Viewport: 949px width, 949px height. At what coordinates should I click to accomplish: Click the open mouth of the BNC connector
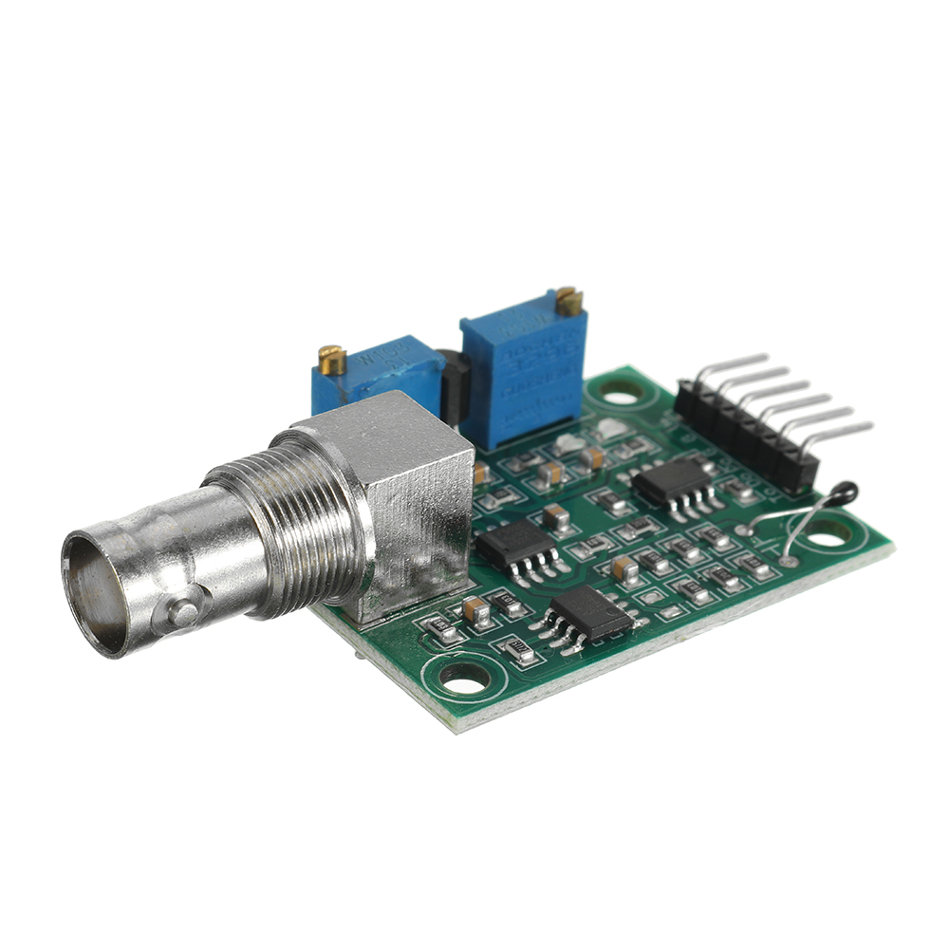pos(96,594)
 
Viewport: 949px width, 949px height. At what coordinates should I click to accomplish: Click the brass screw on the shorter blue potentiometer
pos(332,360)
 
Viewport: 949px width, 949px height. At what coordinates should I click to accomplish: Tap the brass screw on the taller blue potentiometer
pos(569,301)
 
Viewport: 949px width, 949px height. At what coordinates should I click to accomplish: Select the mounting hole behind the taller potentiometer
pos(622,390)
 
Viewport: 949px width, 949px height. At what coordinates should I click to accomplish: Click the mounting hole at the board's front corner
pos(465,677)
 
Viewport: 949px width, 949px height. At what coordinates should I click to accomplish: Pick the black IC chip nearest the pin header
pos(671,483)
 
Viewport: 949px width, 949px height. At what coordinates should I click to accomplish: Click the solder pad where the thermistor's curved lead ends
pos(789,562)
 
